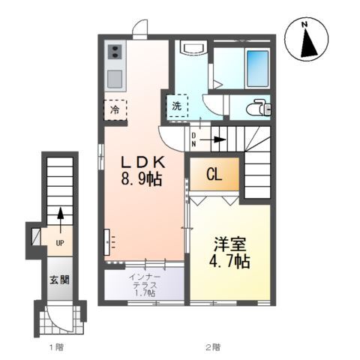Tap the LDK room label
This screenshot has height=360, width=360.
click(x=140, y=162)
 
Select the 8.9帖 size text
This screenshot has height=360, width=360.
click(x=140, y=180)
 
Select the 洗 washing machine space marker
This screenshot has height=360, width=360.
click(x=176, y=106)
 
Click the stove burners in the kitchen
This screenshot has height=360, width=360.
click(x=115, y=52)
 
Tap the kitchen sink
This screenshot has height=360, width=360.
click(x=115, y=78)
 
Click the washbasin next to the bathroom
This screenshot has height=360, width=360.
click(x=193, y=49)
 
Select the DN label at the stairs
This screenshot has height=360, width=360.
click(x=193, y=139)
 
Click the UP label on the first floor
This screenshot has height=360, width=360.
click(x=59, y=242)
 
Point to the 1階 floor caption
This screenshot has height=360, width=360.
click(x=56, y=346)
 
